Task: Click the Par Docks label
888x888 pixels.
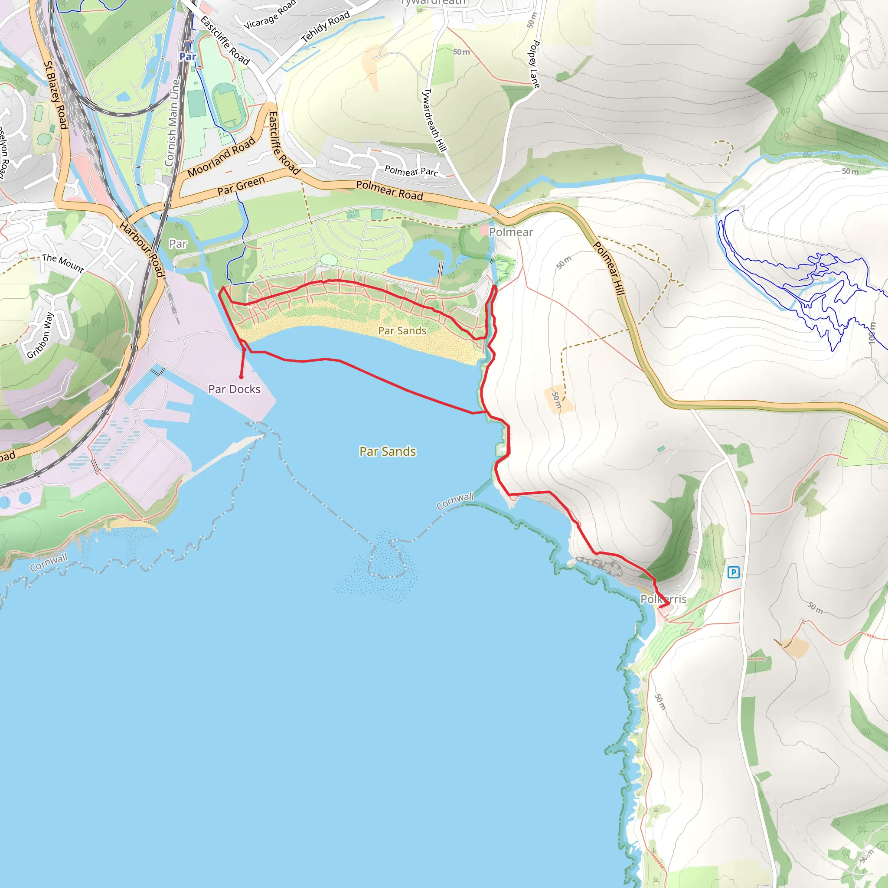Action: click(x=235, y=389)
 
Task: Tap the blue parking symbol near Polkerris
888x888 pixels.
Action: click(x=734, y=572)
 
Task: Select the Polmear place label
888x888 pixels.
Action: click(x=511, y=232)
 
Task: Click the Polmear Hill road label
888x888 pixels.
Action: click(x=609, y=268)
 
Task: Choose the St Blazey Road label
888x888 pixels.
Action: click(x=55, y=95)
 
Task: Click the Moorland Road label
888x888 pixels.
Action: click(x=221, y=157)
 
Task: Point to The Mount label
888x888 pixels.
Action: click(x=63, y=263)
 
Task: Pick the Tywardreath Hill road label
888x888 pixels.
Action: click(x=434, y=120)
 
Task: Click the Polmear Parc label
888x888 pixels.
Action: click(x=411, y=171)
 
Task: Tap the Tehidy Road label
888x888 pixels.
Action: click(x=326, y=26)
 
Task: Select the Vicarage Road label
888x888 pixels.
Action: click(x=270, y=15)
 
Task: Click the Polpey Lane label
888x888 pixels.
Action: click(x=534, y=64)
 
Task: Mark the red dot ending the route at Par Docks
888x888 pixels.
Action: click(x=241, y=377)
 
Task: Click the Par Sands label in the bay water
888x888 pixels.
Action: click(x=388, y=451)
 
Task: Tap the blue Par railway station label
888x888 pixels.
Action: click(x=187, y=56)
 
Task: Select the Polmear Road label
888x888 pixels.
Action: click(x=389, y=190)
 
